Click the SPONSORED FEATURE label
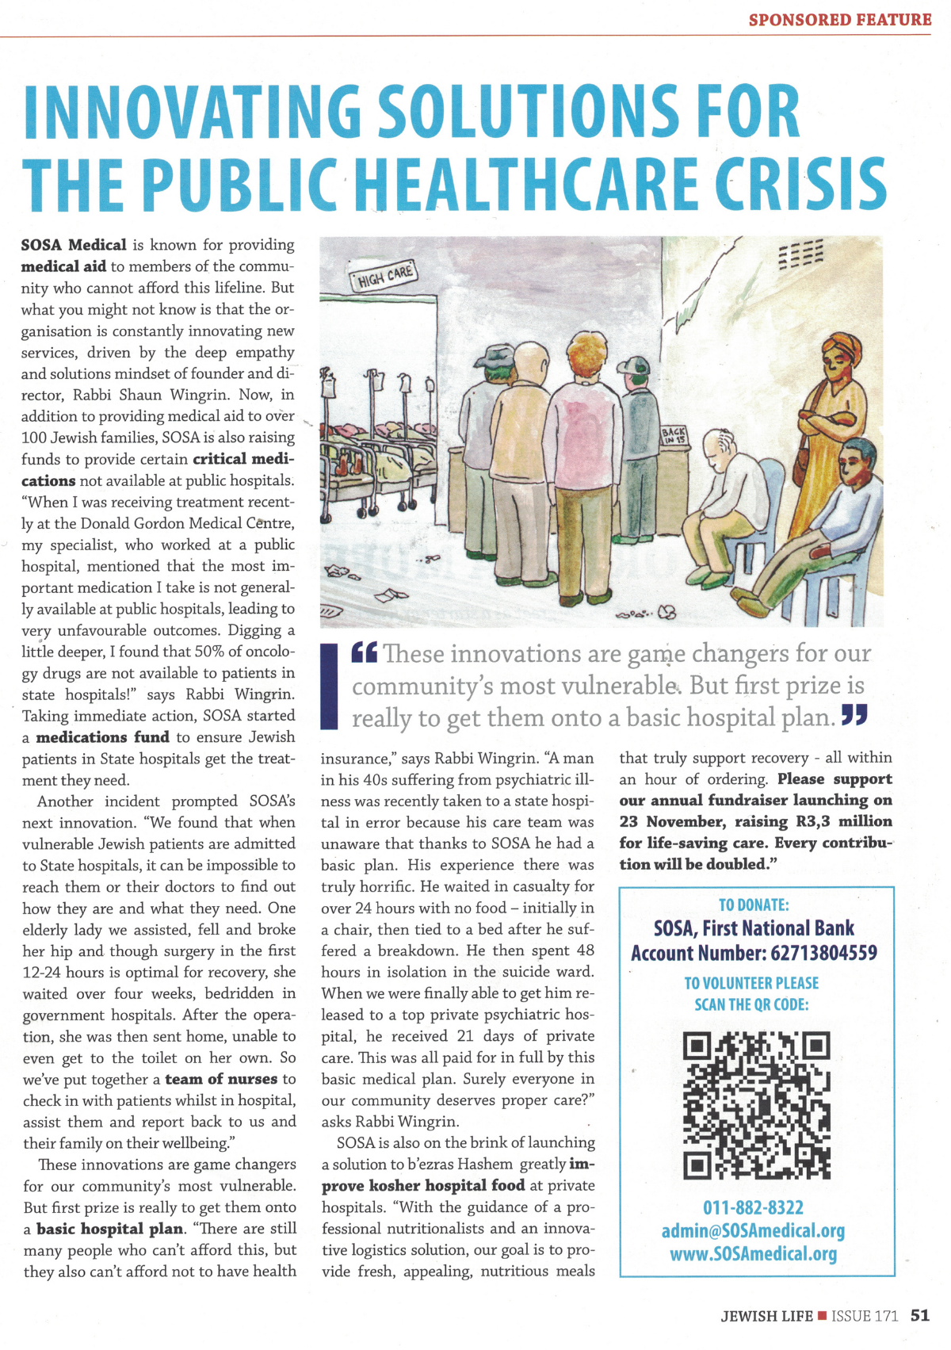click(839, 19)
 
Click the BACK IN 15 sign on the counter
click(674, 434)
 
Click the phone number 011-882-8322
click(753, 1207)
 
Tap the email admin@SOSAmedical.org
click(753, 1230)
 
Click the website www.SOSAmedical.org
click(753, 1253)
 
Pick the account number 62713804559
click(823, 952)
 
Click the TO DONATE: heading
click(753, 904)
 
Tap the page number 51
click(920, 1315)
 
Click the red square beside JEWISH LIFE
click(823, 1316)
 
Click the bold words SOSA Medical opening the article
click(74, 245)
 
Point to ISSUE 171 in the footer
click(865, 1316)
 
